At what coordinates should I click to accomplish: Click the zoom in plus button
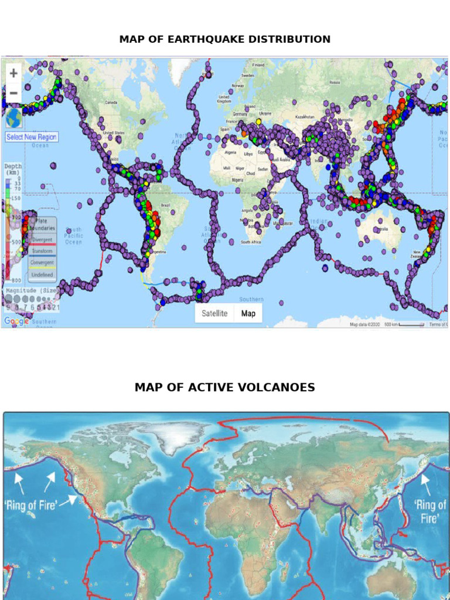pos(13,74)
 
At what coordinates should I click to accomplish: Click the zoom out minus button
pos(13,94)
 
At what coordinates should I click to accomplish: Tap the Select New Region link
pos(32,137)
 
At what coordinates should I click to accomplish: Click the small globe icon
pos(13,118)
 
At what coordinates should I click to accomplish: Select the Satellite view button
pos(214,313)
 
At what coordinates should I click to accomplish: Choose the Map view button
pos(248,313)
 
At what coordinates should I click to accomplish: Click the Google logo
pos(16,321)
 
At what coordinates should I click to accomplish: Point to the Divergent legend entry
pos(42,240)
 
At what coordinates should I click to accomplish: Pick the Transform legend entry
pos(42,251)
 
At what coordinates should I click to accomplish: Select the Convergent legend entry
pos(42,263)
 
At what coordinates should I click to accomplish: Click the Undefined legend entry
pos(42,275)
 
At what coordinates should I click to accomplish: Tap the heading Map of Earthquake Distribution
pos(225,39)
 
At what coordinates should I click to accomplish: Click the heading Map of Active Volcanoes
pos(225,387)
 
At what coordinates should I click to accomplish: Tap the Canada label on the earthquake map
pos(111,103)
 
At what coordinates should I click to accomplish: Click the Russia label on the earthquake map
pos(335,83)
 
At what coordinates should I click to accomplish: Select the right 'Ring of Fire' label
pos(429,511)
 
